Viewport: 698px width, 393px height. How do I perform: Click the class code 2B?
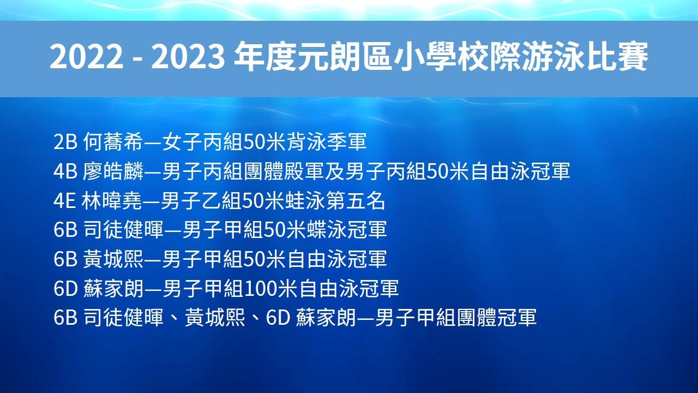[65, 142]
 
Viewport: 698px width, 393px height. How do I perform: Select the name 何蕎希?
[112, 142]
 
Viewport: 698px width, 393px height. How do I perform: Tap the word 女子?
[182, 142]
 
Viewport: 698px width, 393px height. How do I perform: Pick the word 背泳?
[306, 142]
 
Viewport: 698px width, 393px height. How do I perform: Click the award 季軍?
[346, 142]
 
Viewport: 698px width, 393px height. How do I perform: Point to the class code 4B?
[65, 171]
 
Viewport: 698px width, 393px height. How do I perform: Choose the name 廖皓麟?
[113, 171]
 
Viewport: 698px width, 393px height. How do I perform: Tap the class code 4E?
[65, 200]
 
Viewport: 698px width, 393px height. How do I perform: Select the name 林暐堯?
[112, 200]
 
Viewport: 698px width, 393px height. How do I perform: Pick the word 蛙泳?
[305, 200]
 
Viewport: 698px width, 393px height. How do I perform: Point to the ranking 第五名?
[356, 200]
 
